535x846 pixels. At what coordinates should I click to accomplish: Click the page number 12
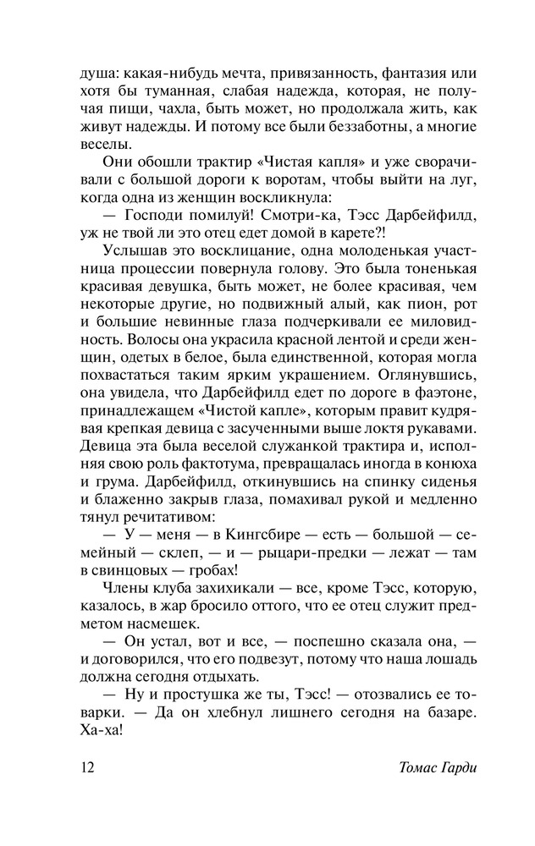click(86, 771)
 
